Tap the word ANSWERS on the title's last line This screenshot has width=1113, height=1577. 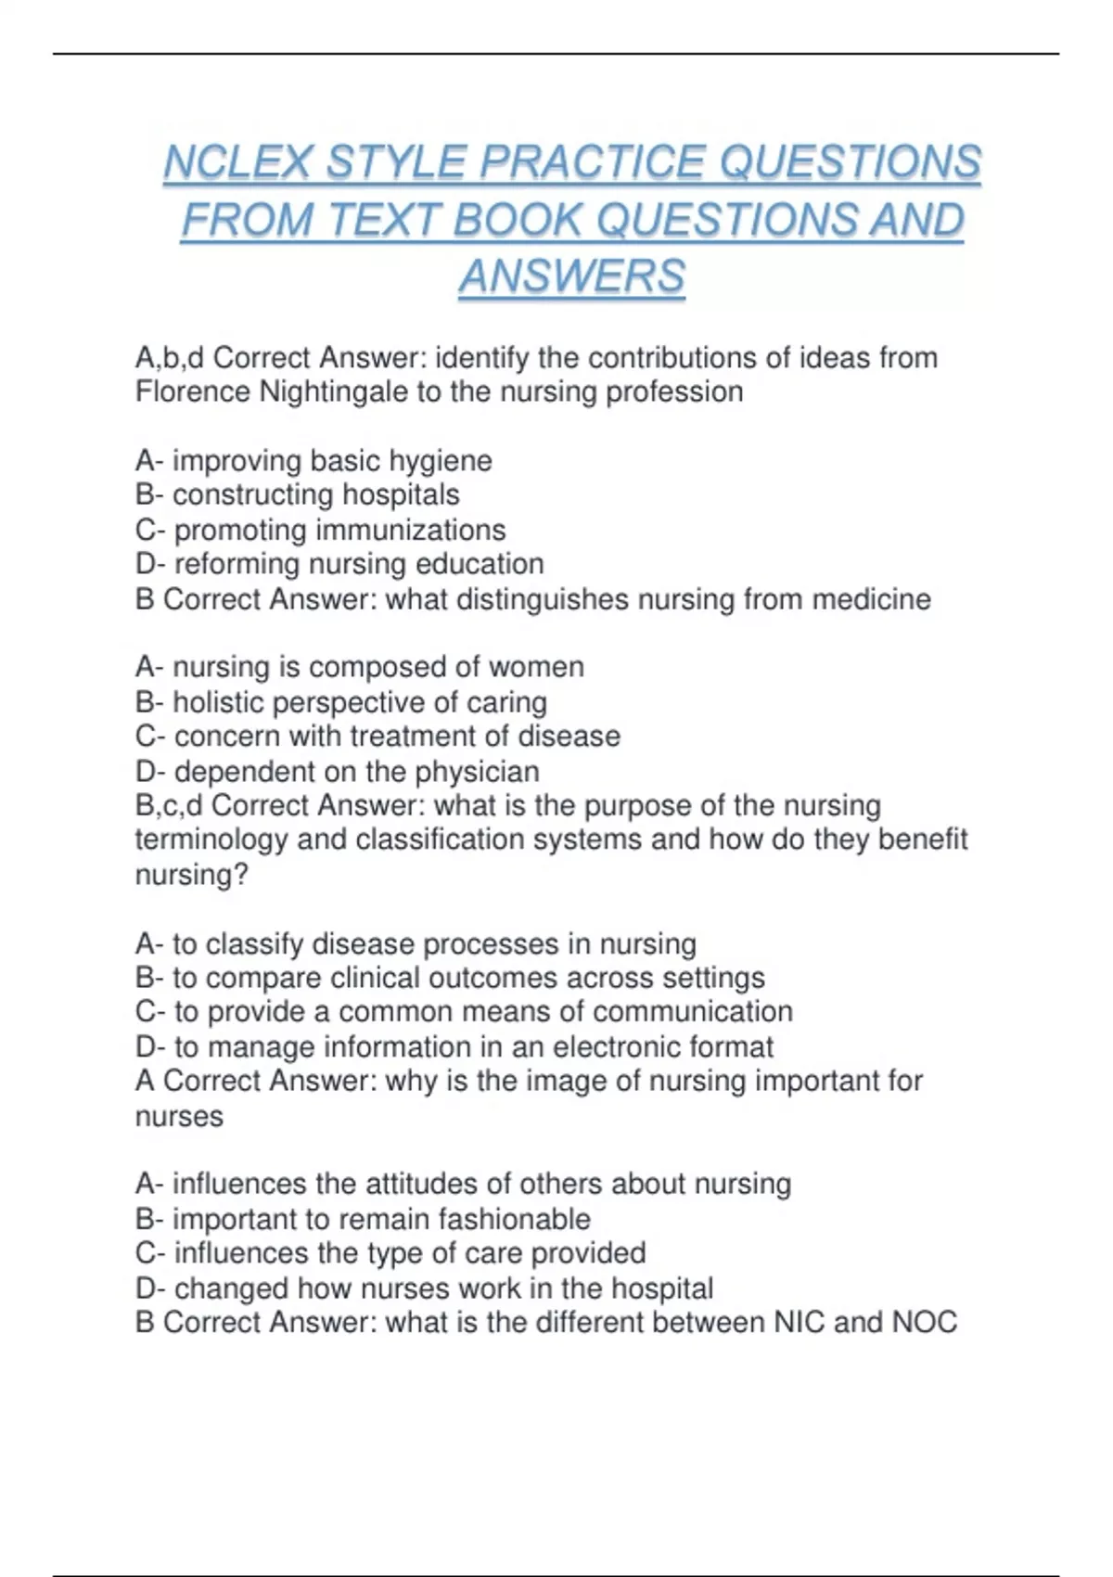571,276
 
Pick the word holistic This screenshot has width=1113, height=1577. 221,702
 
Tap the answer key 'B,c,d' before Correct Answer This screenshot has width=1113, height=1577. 170,805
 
